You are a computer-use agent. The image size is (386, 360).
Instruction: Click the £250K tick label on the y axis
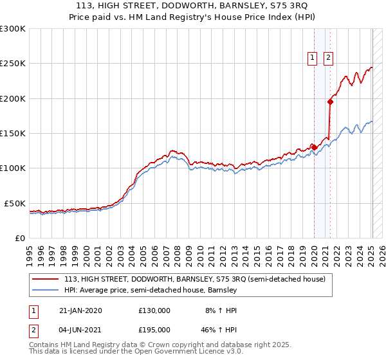tap(13, 64)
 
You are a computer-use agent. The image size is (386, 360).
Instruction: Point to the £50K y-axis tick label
tap(15, 203)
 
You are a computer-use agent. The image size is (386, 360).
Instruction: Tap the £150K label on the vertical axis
tap(13, 134)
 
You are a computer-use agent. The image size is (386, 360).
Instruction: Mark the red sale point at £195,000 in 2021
tap(330, 102)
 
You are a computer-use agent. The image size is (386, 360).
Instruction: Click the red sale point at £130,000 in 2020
tap(315, 147)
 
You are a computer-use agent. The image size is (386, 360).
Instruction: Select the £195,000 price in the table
tap(154, 330)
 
